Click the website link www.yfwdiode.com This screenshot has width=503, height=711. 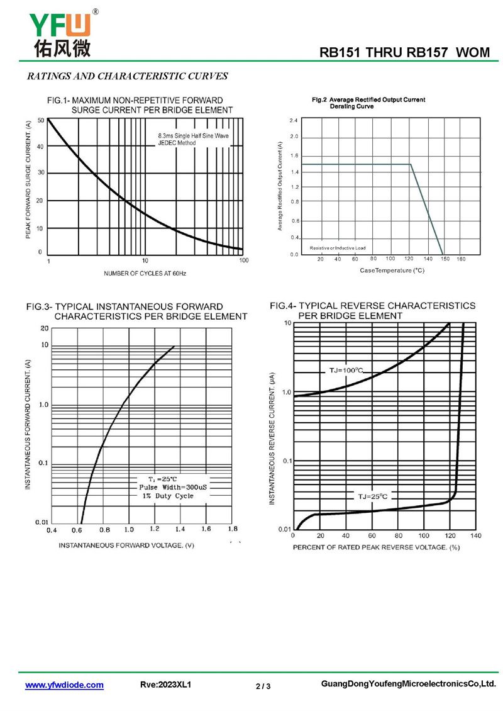[x=64, y=685]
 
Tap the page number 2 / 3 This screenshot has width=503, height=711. [x=263, y=686]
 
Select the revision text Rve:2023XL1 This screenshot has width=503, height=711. [x=165, y=685]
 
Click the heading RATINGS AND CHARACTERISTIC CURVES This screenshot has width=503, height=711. [x=127, y=77]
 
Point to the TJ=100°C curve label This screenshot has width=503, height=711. [x=346, y=370]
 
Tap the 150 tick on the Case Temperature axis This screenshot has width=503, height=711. [x=445, y=259]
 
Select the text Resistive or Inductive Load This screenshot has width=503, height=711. [x=338, y=249]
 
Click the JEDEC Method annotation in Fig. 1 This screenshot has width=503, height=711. [x=177, y=143]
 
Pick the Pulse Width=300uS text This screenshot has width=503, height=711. [x=169, y=487]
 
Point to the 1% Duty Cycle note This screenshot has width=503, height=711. [x=167, y=496]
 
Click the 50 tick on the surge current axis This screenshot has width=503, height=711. [x=41, y=120]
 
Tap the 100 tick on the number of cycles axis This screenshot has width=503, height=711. [x=244, y=260]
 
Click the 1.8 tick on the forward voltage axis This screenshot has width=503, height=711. [x=233, y=529]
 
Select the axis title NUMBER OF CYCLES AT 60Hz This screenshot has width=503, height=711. [x=145, y=274]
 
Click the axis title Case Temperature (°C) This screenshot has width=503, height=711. [x=392, y=270]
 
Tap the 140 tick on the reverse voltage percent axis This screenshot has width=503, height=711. [x=475, y=535]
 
